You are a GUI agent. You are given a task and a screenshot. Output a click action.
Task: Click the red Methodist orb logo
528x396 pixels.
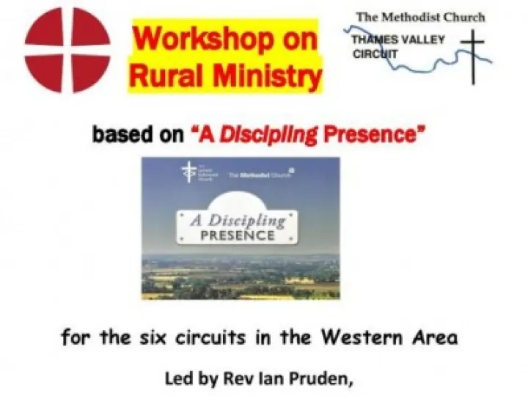pos(68,49)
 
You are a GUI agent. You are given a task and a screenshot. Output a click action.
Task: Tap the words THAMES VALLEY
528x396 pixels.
pos(397,40)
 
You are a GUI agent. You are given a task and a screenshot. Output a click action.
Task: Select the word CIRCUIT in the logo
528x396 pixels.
pos(375,54)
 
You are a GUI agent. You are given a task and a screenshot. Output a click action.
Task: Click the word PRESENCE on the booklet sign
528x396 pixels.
pos(240,236)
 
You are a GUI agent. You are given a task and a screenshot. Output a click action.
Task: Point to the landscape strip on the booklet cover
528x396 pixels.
pos(240,277)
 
